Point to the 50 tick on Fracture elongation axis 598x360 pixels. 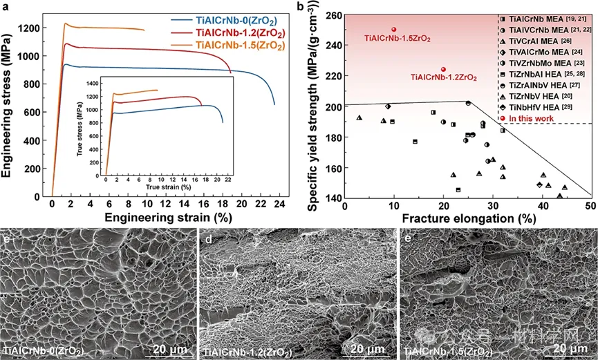(591, 205)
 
